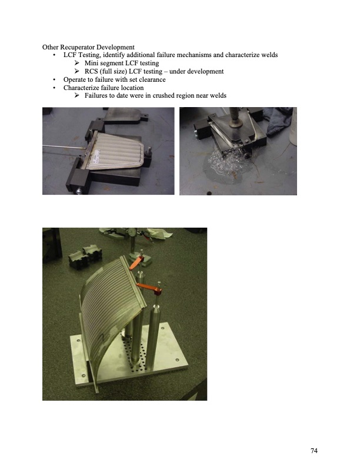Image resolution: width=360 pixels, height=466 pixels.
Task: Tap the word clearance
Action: [x=150, y=79]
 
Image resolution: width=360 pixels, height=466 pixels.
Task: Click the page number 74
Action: [x=314, y=451]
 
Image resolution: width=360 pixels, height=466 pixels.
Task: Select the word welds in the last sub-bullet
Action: [x=216, y=95]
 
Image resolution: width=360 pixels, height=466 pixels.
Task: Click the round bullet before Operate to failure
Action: [x=54, y=79]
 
